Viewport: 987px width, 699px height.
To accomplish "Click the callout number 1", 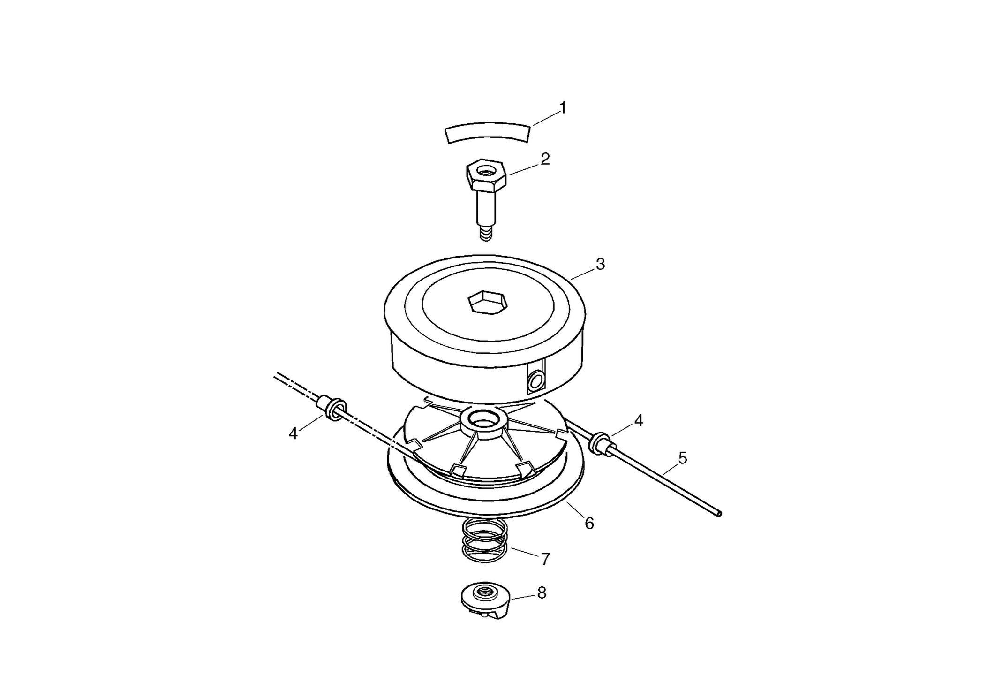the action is tap(563, 108).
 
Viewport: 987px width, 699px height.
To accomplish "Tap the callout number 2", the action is tap(545, 159).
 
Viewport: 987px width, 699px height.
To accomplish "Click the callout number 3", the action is tap(600, 264).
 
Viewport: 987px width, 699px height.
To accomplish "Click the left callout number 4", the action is tap(294, 433).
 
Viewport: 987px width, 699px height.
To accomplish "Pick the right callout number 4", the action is tap(639, 421).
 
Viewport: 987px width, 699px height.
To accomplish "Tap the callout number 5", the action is tap(683, 458).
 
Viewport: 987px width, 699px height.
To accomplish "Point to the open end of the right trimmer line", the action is tap(719, 514).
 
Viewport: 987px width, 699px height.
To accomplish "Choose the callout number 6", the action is tap(589, 523).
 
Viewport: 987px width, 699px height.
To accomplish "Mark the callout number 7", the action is tap(545, 559).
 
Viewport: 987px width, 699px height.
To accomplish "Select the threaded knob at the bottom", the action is tap(485, 600).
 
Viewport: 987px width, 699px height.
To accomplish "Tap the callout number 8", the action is tap(542, 593).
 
